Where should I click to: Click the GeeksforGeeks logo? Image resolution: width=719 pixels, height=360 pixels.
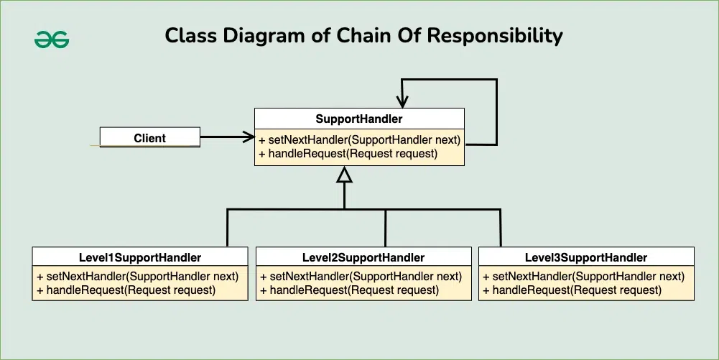tap(52, 39)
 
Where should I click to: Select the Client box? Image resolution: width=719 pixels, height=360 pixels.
tap(149, 138)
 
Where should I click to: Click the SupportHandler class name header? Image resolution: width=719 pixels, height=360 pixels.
tap(359, 119)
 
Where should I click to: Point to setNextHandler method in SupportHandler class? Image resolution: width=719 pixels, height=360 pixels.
tap(359, 139)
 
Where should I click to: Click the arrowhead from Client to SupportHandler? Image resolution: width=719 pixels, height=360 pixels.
tap(249, 137)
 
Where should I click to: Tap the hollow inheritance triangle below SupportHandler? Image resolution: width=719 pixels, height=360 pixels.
tap(345, 175)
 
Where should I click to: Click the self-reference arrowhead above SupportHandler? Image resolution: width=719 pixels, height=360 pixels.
tap(402, 101)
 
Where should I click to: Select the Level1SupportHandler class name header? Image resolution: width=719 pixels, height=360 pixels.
tap(140, 257)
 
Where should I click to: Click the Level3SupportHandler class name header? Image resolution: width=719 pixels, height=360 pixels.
tap(586, 257)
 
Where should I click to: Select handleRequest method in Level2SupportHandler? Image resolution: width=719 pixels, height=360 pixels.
tap(349, 290)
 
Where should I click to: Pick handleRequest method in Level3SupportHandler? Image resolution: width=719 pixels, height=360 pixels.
tap(572, 290)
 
